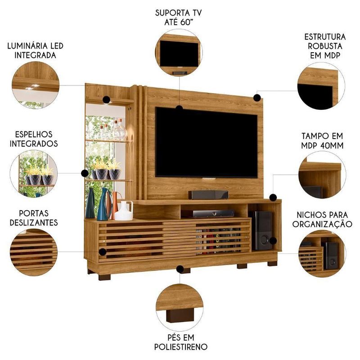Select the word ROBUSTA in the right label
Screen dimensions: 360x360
(x=325, y=46)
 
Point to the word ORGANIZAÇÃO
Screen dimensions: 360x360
(x=322, y=224)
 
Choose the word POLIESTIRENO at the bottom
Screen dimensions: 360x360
(x=181, y=346)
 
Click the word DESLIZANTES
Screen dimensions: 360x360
(x=34, y=223)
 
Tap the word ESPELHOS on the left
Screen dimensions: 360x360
(x=34, y=134)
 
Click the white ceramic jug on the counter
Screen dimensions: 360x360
(x=124, y=211)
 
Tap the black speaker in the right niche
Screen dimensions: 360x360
(x=263, y=231)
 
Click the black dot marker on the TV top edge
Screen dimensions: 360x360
(x=179, y=108)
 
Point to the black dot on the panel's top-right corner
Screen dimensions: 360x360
(x=257, y=98)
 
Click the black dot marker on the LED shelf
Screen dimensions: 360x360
(x=106, y=99)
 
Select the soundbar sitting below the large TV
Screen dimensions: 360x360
(x=208, y=195)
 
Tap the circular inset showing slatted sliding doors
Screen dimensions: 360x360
(x=34, y=252)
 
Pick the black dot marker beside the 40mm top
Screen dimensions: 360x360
(x=273, y=197)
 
